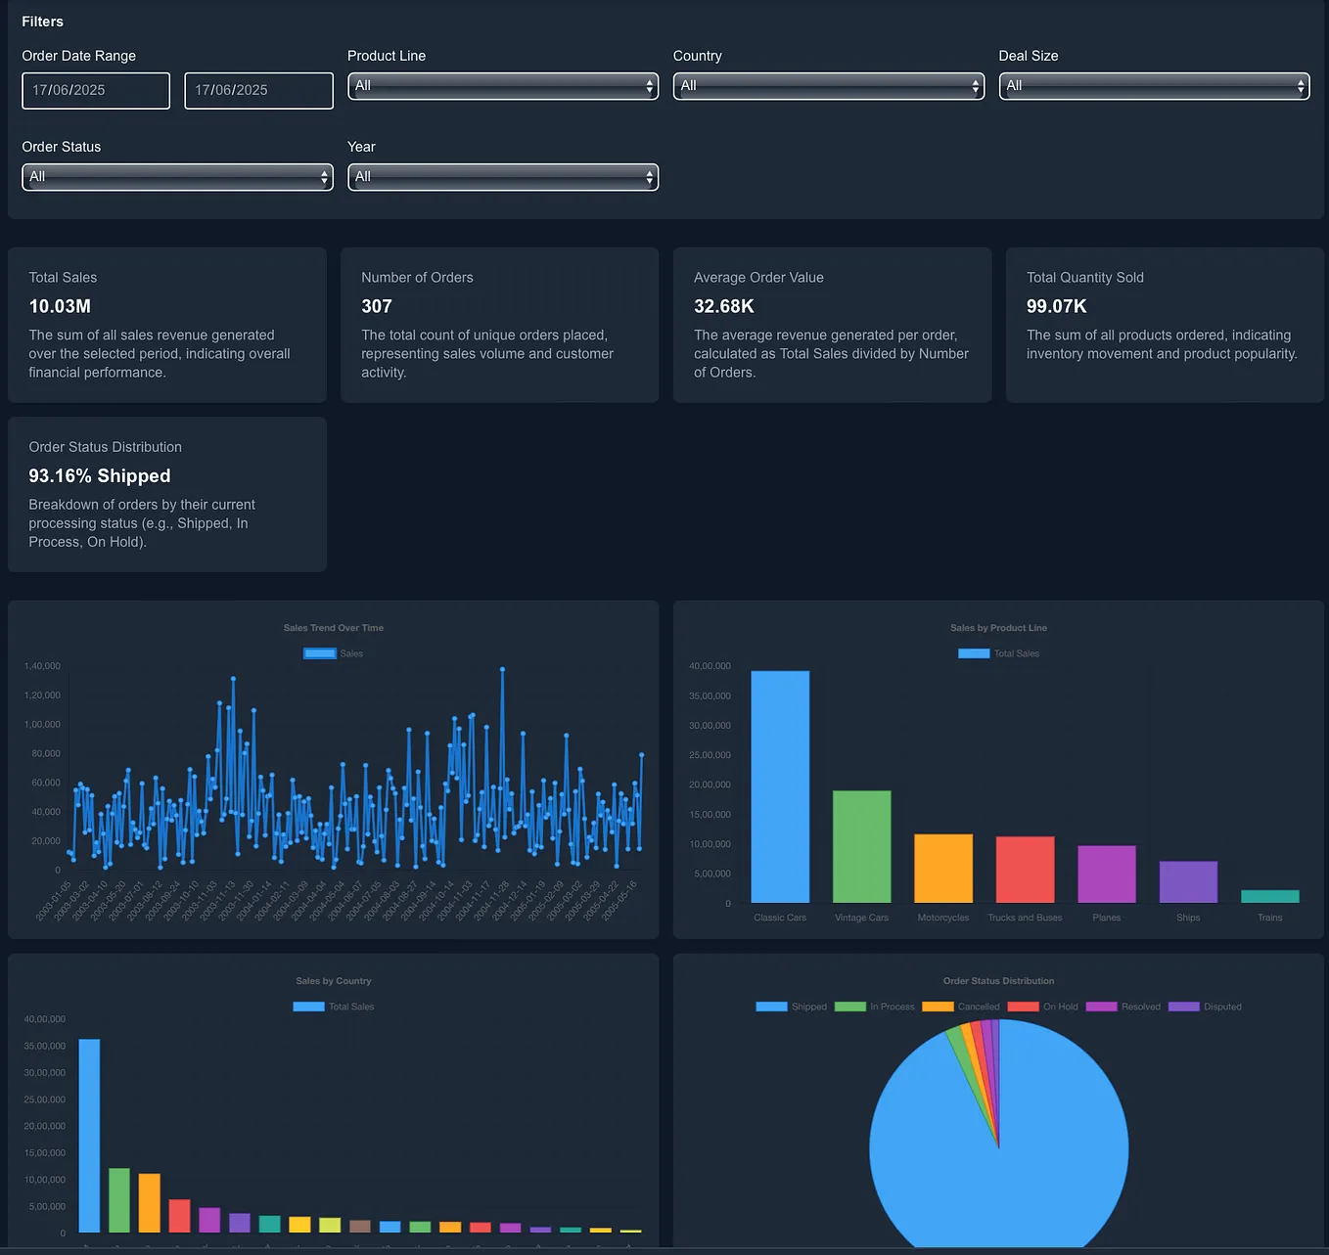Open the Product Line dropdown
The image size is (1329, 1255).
tap(502, 86)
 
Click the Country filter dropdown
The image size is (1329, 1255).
tap(828, 86)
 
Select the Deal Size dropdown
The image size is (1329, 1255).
tap(1153, 86)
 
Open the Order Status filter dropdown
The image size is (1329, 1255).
tap(177, 177)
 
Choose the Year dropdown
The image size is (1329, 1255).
tap(502, 177)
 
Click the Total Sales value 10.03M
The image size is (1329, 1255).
tap(60, 306)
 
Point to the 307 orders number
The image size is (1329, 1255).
tap(377, 306)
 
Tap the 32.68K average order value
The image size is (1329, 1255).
tap(724, 306)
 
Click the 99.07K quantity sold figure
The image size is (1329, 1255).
tap(1056, 306)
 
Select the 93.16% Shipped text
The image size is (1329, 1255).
tap(100, 476)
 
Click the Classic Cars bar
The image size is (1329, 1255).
tap(780, 786)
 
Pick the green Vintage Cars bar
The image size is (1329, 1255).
tap(861, 846)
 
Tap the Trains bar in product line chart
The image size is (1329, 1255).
tap(1269, 896)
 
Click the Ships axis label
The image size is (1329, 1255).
tap(1188, 918)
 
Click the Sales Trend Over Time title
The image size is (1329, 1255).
tap(334, 628)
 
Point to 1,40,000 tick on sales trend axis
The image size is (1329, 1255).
tap(42, 666)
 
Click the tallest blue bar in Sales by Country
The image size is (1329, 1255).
tap(89, 1135)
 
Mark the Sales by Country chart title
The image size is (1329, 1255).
tap(334, 981)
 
